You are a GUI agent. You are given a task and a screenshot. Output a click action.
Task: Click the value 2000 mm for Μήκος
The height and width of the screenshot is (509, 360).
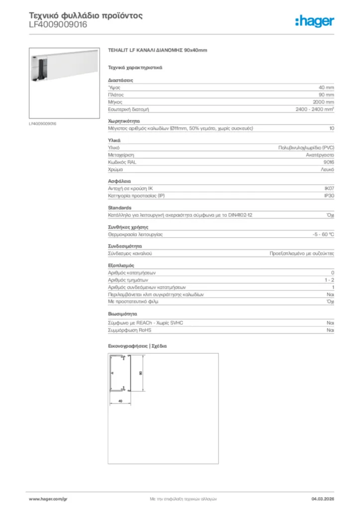pyautogui.click(x=323, y=101)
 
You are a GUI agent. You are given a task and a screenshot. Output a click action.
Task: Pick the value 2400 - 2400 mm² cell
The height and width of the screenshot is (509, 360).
pyautogui.click(x=315, y=109)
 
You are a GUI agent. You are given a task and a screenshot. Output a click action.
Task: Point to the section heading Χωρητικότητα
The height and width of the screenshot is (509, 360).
pyautogui.click(x=124, y=121)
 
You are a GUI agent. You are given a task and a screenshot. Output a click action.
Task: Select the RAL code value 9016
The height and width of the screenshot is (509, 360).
pyautogui.click(x=329, y=162)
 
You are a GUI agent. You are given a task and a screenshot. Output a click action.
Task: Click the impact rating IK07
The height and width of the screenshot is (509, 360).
pyautogui.click(x=329, y=188)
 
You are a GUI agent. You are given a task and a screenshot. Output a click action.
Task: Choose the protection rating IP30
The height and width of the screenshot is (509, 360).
pyautogui.click(x=329, y=196)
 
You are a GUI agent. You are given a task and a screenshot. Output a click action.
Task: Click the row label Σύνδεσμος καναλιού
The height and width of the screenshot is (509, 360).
pyautogui.click(x=130, y=253)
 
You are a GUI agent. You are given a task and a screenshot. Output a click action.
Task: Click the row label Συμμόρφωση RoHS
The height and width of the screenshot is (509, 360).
pyautogui.click(x=130, y=330)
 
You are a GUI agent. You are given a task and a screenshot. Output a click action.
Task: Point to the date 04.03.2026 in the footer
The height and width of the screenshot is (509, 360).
pyautogui.click(x=322, y=498)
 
